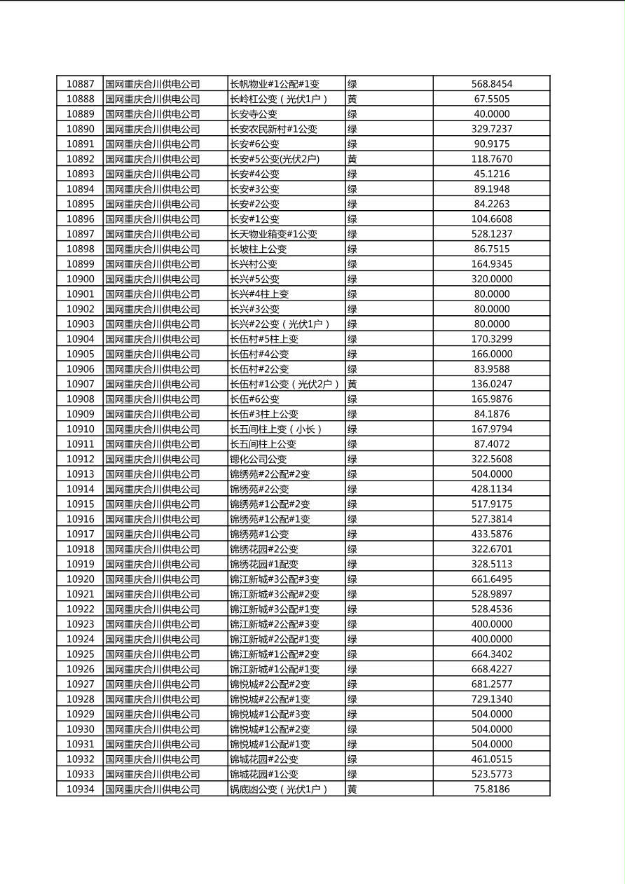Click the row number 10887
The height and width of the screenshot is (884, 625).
tap(80, 84)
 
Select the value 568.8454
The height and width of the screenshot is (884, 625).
tap(491, 84)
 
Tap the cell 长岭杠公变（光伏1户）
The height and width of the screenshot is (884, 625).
tap(279, 99)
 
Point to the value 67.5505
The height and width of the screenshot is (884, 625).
tap(491, 99)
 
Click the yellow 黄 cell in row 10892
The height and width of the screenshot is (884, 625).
tap(352, 159)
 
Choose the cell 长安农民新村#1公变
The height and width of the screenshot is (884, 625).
tap(273, 129)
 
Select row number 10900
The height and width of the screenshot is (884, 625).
tap(80, 279)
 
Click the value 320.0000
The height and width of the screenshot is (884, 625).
tap(491, 279)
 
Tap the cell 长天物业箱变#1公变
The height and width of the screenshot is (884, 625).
tap(273, 234)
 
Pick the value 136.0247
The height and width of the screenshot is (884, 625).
tap(491, 384)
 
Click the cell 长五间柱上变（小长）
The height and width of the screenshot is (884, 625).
tap(276, 429)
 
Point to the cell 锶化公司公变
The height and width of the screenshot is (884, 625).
tap(258, 459)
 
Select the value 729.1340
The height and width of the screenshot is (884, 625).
tap(491, 699)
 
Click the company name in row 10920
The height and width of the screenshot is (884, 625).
tap(153, 579)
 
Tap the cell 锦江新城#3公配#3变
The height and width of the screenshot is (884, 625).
tap(275, 579)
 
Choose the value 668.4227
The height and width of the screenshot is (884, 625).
tap(491, 669)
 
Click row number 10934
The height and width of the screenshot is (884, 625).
tap(80, 789)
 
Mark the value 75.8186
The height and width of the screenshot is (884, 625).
tap(491, 789)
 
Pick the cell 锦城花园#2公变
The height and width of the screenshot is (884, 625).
tap(263, 759)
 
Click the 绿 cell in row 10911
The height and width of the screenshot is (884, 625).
tap(352, 444)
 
